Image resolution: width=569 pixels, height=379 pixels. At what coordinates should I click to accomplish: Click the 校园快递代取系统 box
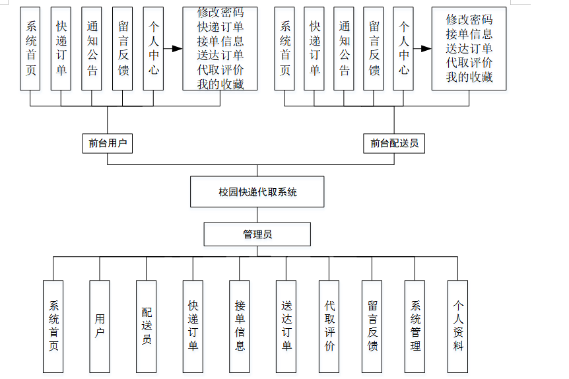tap(257, 192)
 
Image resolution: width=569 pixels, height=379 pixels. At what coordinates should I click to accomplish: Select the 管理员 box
tap(257, 234)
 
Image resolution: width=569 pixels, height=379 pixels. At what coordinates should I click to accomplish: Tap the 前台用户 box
tap(107, 143)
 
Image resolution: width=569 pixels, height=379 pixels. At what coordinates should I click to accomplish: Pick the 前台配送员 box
tap(394, 143)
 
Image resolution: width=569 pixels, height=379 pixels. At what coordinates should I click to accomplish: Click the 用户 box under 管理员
tap(100, 326)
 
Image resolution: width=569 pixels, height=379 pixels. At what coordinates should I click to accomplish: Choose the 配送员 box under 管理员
tap(147, 326)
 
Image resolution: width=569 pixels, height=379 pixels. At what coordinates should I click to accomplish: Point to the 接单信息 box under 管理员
tap(240, 326)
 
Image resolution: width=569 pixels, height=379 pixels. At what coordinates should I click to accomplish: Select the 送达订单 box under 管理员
tap(286, 326)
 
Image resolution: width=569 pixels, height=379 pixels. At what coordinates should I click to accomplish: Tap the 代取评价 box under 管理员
tap(329, 326)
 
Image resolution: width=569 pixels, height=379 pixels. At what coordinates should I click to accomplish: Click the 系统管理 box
tap(415, 326)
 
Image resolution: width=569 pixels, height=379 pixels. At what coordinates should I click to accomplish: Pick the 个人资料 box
tap(457, 326)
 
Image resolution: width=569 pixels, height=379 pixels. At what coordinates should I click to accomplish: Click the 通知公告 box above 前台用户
tap(92, 48)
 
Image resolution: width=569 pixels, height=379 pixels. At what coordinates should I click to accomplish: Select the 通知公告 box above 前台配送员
tap(344, 48)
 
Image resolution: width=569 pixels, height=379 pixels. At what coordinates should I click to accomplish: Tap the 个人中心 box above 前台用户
tap(153, 48)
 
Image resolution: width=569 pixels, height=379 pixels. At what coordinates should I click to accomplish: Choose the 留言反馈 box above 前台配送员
tap(374, 48)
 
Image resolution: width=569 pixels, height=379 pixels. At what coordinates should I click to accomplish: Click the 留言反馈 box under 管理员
tap(372, 326)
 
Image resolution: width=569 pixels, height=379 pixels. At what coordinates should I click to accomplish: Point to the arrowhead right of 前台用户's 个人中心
tap(176, 49)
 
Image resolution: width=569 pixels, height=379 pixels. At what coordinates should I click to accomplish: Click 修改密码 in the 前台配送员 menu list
tap(469, 19)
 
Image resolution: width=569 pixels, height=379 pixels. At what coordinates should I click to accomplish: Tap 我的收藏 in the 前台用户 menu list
tap(220, 84)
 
